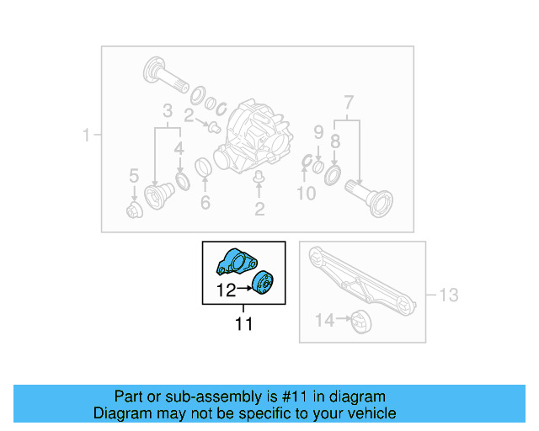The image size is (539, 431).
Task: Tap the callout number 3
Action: [168, 111]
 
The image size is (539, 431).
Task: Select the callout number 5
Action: [133, 176]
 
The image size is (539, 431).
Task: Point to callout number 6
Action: [205, 203]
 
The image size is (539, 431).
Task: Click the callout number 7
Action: [348, 104]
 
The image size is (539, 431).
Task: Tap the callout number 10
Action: [307, 194]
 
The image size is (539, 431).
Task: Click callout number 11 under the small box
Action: [243, 323]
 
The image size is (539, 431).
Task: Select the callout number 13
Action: [449, 295]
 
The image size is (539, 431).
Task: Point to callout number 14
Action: [324, 320]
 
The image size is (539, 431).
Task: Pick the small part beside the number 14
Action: [360, 321]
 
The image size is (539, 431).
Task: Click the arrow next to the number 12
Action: [246, 290]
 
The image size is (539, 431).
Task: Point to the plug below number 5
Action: [133, 209]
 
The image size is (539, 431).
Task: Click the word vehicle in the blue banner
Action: [370, 413]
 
